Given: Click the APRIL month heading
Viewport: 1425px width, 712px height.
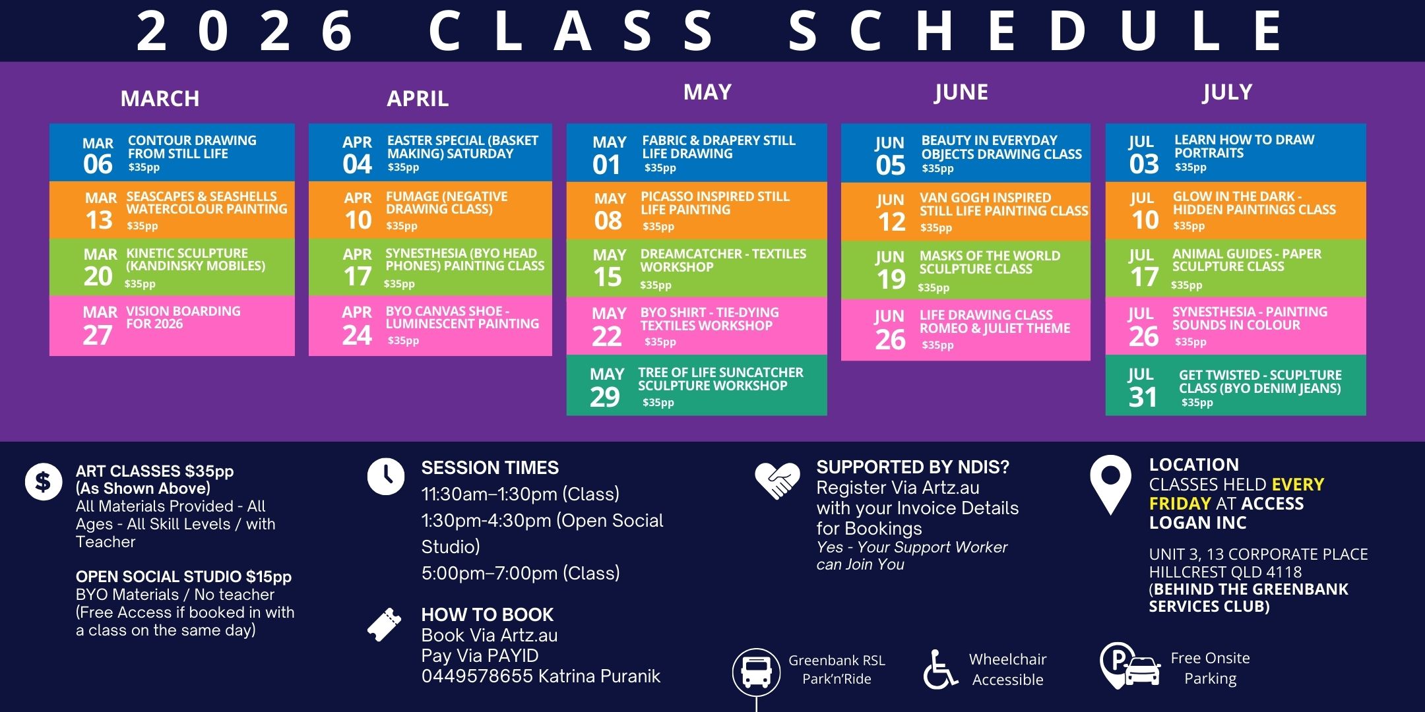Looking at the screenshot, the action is (x=418, y=99).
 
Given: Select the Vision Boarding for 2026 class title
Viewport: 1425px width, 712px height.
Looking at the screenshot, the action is (x=183, y=317).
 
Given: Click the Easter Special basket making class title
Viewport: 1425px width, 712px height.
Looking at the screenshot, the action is (x=462, y=147).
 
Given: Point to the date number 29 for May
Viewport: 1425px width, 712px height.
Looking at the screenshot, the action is (x=605, y=398).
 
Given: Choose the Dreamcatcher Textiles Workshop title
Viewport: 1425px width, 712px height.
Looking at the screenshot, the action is (x=723, y=260).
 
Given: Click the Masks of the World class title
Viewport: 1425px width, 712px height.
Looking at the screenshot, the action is (x=990, y=262).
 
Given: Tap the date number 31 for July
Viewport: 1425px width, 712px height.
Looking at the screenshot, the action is (x=1143, y=398).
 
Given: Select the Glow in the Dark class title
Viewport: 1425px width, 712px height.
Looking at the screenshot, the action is (x=1254, y=203).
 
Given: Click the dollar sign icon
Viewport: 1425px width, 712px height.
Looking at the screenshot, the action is (x=44, y=482).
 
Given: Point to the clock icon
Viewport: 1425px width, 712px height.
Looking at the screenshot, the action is (x=386, y=476).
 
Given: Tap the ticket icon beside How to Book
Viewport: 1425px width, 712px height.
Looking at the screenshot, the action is (x=385, y=624).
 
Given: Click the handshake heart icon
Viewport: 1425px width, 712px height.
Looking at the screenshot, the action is (x=778, y=480).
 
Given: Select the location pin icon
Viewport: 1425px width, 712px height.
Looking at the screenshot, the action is (x=1111, y=485).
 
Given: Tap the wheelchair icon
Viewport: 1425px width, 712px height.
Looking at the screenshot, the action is (x=940, y=670).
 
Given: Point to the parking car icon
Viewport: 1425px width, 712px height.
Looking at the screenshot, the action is (x=1130, y=666).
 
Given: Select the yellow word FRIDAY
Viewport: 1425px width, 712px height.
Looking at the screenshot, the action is (x=1180, y=504).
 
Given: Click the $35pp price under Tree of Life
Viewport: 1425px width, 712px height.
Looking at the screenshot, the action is (x=658, y=403).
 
